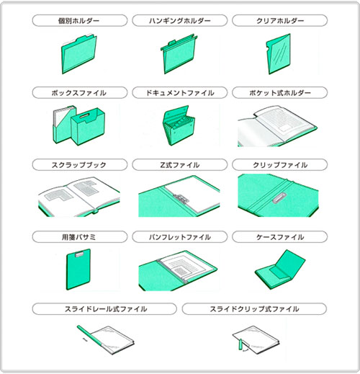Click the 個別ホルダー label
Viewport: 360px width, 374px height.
[x=78, y=21]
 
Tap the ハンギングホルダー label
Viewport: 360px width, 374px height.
[x=180, y=21]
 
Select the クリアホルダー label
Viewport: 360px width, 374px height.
[x=280, y=21]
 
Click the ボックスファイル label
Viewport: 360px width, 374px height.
[x=78, y=93]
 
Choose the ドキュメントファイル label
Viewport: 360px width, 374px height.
[x=180, y=93]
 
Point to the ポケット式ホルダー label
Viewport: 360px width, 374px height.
[x=280, y=93]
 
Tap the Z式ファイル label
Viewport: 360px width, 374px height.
[x=180, y=165]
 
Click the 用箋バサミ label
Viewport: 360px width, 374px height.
[x=78, y=237]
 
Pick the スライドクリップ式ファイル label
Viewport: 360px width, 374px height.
[x=254, y=309]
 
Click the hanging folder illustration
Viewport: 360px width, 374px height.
[x=179, y=54]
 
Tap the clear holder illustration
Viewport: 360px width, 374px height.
[x=279, y=54]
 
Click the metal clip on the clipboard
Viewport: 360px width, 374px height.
[x=78, y=254]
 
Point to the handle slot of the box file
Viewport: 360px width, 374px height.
[x=84, y=116]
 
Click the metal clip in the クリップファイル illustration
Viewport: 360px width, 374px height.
[x=279, y=197]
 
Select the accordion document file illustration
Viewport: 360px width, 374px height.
[x=179, y=125]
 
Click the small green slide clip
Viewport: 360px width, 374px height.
[x=240, y=344]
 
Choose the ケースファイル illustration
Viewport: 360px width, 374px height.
[x=280, y=269]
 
